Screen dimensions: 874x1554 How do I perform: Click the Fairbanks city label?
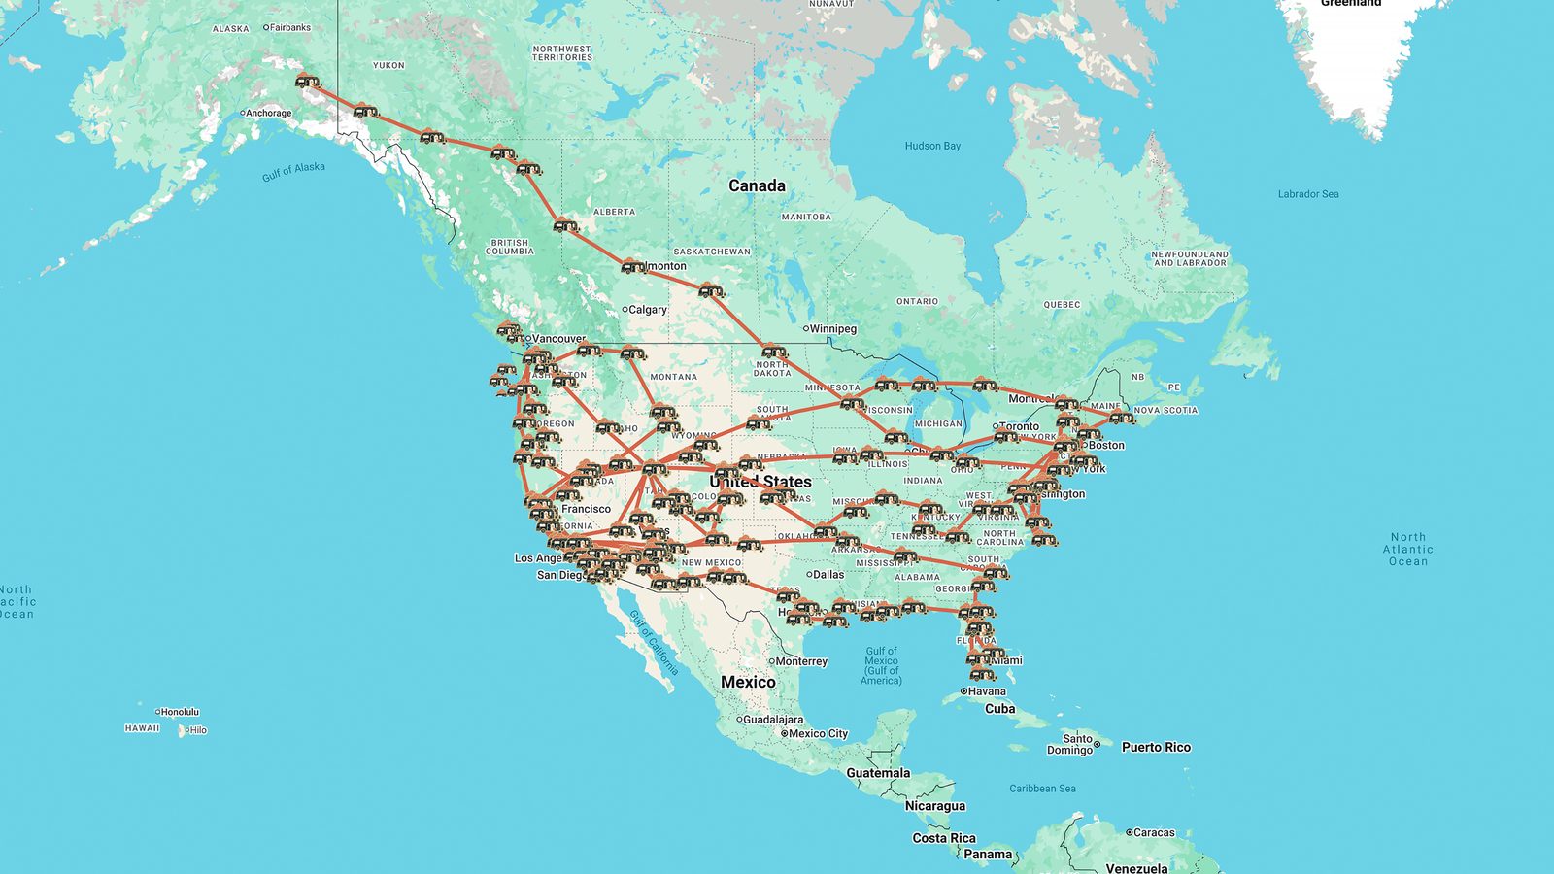click(289, 28)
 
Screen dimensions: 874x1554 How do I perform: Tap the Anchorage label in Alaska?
click(268, 114)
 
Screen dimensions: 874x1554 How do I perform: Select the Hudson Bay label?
click(932, 147)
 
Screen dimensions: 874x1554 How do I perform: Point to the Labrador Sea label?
click(1307, 194)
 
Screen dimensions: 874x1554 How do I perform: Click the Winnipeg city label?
click(832, 329)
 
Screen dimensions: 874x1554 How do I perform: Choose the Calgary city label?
click(647, 310)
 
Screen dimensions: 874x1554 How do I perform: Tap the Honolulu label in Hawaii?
click(180, 712)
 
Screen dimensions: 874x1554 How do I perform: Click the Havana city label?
click(986, 691)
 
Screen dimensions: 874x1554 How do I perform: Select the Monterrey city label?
click(801, 661)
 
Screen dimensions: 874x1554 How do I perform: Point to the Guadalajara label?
click(774, 720)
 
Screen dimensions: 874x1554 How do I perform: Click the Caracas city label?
click(1154, 832)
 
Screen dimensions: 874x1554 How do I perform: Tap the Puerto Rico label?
click(1156, 748)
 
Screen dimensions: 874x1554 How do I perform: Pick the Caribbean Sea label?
click(1042, 789)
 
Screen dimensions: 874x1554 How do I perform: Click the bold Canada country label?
click(757, 185)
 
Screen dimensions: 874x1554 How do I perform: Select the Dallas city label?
click(828, 574)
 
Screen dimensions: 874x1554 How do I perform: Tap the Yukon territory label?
click(388, 65)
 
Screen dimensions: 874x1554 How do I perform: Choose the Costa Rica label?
click(943, 838)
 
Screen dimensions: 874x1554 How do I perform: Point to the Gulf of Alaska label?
click(293, 172)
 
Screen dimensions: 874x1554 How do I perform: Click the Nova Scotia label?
click(1165, 411)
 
